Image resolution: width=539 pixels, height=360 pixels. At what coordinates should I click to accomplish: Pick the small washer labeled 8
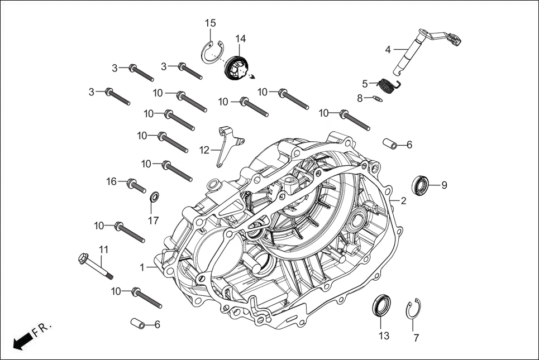[x=393, y=99]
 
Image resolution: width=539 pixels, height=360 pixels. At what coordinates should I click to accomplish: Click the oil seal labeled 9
[x=421, y=184]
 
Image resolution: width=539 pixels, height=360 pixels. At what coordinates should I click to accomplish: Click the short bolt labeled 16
[x=136, y=185]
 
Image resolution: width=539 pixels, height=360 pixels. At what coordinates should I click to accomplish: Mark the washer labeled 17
[x=154, y=198]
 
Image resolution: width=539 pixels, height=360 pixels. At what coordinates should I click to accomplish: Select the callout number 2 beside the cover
[x=403, y=200]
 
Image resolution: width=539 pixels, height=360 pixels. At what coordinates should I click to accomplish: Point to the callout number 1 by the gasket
[x=143, y=267]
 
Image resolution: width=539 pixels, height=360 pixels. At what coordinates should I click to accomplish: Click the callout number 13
[x=383, y=336]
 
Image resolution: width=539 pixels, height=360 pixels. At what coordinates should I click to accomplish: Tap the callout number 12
[x=204, y=150]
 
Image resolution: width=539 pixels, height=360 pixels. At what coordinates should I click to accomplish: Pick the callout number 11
[x=103, y=249]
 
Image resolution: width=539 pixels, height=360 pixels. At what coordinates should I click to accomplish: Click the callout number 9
[x=444, y=185]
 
